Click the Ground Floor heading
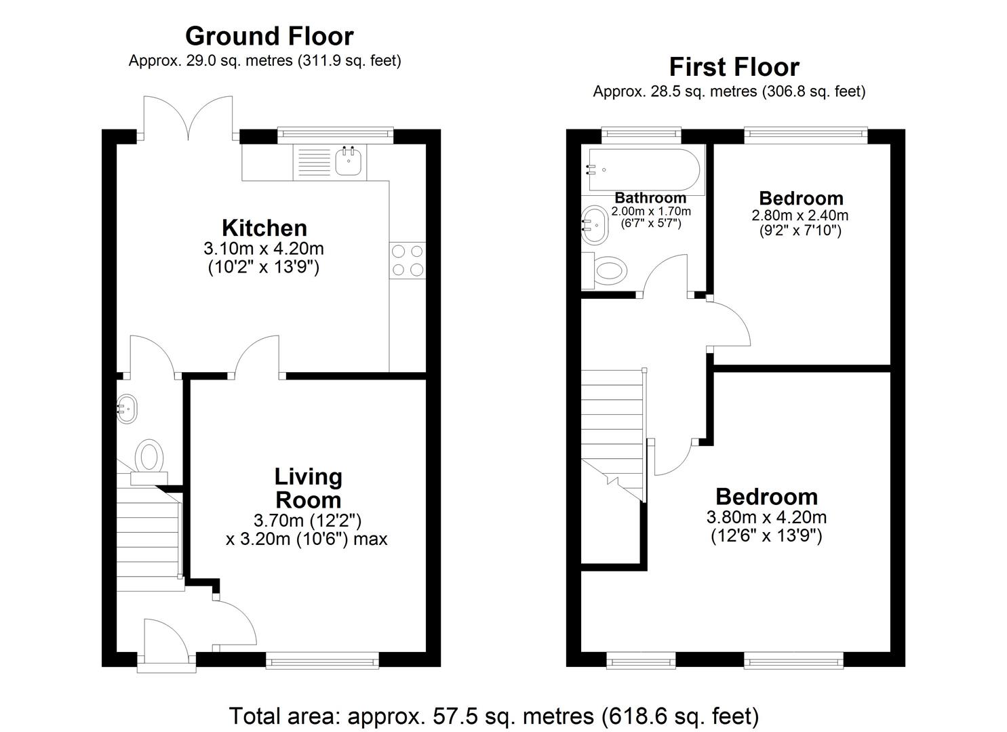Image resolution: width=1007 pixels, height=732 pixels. [269, 36]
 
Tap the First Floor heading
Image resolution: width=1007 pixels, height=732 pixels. [734, 67]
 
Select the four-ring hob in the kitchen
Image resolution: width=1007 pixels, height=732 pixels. [408, 260]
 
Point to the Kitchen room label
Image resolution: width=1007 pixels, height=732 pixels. [264, 228]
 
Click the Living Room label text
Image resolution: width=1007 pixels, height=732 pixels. [308, 489]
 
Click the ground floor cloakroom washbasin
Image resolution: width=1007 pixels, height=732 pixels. [127, 409]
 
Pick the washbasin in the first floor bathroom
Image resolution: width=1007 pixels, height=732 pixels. [595, 224]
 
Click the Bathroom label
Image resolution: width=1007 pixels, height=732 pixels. [650, 198]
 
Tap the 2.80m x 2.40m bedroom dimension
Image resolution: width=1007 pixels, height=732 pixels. [799, 216]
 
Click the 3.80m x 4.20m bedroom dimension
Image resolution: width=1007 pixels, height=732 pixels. [766, 518]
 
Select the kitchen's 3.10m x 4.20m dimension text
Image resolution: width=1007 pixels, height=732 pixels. [264, 249]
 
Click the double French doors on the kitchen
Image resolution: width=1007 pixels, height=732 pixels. [189, 119]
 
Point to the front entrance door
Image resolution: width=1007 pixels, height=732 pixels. [166, 644]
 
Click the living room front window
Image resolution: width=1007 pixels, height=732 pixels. [322, 659]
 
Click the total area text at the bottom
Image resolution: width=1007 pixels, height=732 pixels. [494, 716]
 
